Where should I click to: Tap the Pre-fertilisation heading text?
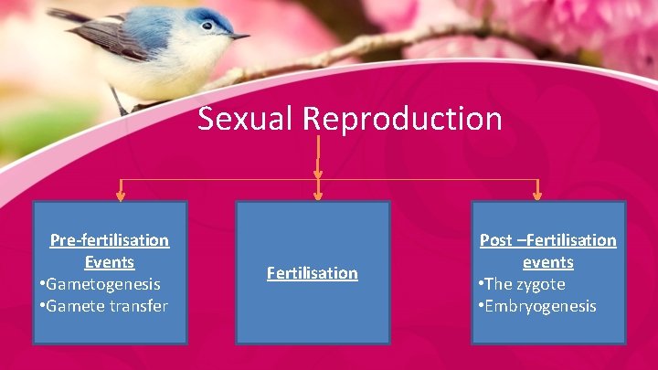[109, 240]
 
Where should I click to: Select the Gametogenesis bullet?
[103, 284]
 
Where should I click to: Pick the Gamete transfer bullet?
[107, 306]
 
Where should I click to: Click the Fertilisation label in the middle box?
[313, 273]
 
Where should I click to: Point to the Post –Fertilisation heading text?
[548, 240]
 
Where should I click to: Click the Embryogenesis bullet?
[539, 306]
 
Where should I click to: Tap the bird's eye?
[207, 26]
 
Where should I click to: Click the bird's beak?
[239, 37]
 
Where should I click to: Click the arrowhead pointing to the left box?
[120, 194]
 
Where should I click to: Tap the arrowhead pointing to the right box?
[537, 194]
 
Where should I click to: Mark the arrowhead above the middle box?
[317, 194]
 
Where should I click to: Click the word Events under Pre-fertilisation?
[110, 262]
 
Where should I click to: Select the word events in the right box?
[548, 262]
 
